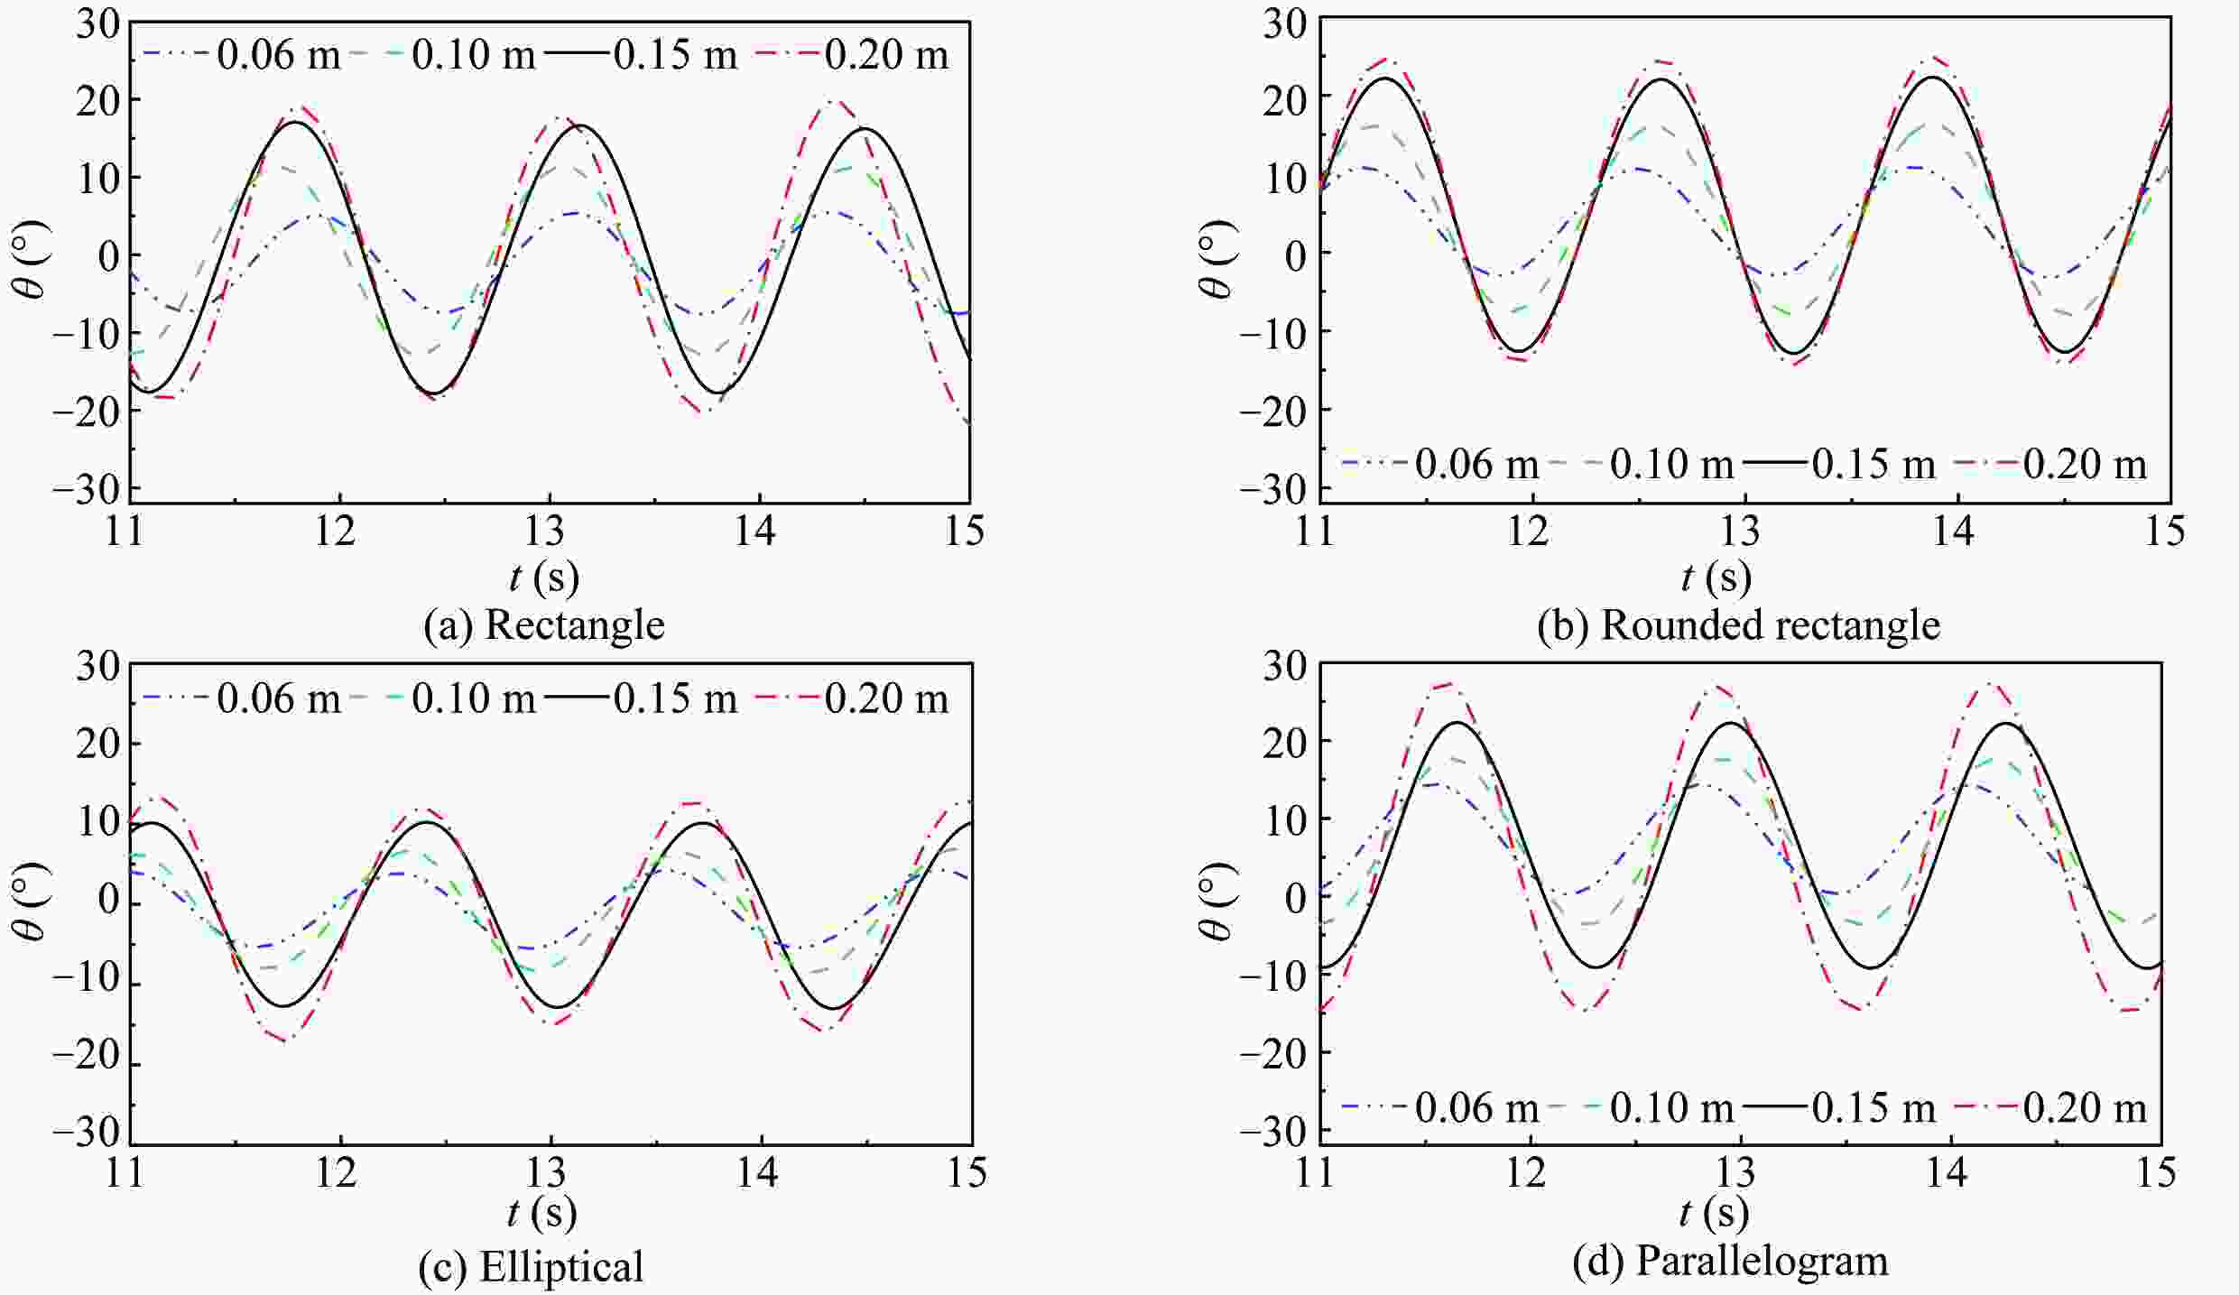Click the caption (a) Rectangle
click(x=544, y=625)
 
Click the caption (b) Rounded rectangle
click(x=1738, y=625)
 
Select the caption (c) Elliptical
click(x=531, y=1267)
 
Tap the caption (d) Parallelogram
click(x=1730, y=1261)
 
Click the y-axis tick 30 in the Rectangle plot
click(x=97, y=24)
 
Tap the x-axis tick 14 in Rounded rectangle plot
click(x=1953, y=532)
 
